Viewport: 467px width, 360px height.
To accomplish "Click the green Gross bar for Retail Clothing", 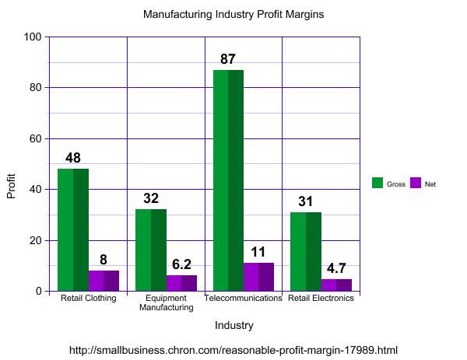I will [73, 230].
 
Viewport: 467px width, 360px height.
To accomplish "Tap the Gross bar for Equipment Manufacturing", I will [151, 250].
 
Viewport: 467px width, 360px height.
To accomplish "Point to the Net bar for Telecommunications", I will [258, 277].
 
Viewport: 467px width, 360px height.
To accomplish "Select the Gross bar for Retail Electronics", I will [306, 252].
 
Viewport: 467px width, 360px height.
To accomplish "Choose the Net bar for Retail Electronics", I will [336, 285].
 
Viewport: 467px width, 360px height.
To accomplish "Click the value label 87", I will [227, 59].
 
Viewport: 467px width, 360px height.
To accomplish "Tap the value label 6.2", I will [181, 264].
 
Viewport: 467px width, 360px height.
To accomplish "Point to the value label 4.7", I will [336, 268].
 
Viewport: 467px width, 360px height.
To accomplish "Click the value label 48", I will [73, 159].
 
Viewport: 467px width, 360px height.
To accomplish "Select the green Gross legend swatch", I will [377, 183].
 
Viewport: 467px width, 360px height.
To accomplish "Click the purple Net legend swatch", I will [415, 183].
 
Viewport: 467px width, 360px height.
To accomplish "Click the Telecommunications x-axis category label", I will [243, 298].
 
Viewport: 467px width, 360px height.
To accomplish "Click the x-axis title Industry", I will [233, 325].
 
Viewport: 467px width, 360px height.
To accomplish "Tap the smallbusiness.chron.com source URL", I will [233, 350].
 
